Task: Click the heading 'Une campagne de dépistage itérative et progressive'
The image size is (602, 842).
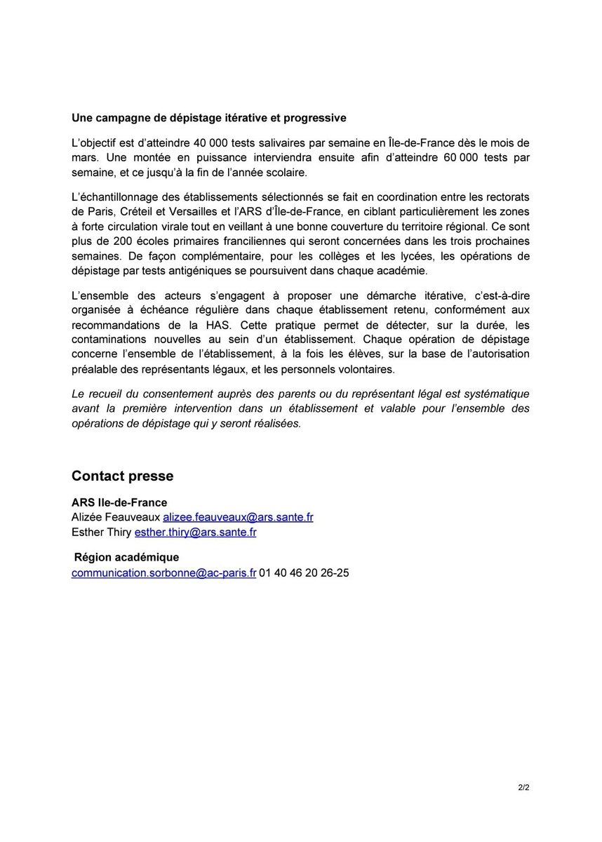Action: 208,116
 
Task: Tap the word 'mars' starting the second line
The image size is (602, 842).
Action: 85,158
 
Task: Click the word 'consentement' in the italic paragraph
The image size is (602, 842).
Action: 172,394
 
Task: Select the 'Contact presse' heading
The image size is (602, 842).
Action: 122,476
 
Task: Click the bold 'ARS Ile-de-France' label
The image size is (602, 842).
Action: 119,503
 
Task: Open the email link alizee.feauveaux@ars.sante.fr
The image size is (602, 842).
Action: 238,517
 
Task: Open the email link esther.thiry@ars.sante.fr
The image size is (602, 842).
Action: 195,532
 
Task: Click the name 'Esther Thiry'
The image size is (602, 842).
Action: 102,532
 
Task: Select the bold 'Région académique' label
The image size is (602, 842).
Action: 126,558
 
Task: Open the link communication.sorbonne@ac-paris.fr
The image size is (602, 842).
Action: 163,573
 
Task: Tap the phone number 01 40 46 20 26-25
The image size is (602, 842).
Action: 304,573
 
